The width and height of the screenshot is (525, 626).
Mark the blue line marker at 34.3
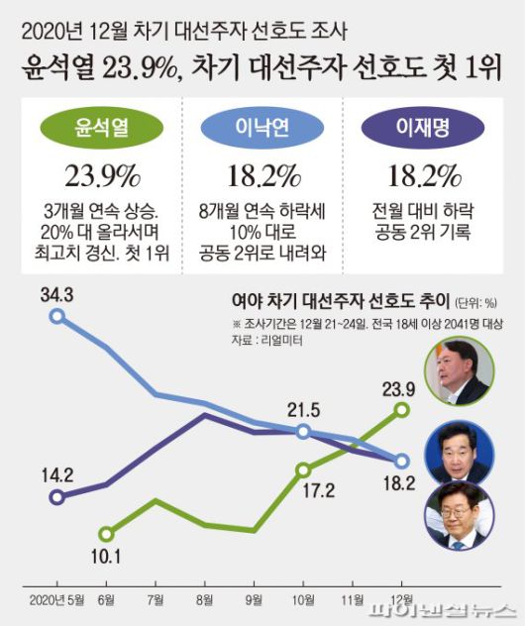pyautogui.click(x=58, y=317)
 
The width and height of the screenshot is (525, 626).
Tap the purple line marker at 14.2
pyautogui.click(x=58, y=496)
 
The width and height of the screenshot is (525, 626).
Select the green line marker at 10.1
pyautogui.click(x=107, y=534)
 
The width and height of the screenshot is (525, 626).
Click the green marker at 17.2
pyautogui.click(x=303, y=469)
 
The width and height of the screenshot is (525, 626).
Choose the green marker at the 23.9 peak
pyautogui.click(x=402, y=408)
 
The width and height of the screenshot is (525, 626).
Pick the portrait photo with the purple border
pyautogui.click(x=456, y=516)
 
